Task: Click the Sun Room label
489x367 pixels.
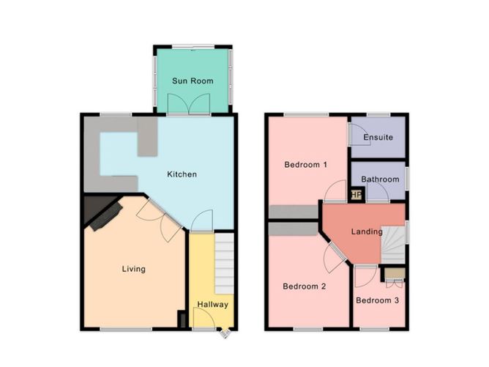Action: pyautogui.click(x=193, y=81)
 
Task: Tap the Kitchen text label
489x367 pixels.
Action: pyautogui.click(x=182, y=174)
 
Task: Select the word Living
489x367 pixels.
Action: pyautogui.click(x=133, y=269)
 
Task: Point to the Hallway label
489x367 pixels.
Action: pyautogui.click(x=212, y=305)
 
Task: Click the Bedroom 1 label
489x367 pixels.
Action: pyautogui.click(x=305, y=164)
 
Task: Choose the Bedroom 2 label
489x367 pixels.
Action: pyautogui.click(x=304, y=286)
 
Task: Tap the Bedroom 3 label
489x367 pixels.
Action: pyautogui.click(x=378, y=300)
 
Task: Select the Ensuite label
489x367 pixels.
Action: pyautogui.click(x=378, y=138)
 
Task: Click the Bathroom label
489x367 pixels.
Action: pyautogui.click(x=379, y=179)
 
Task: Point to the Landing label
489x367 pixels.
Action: pyautogui.click(x=367, y=232)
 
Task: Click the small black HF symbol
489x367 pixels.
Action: pyautogui.click(x=357, y=195)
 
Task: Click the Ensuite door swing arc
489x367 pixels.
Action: pyautogui.click(x=358, y=134)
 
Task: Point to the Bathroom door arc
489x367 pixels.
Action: pyautogui.click(x=377, y=193)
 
